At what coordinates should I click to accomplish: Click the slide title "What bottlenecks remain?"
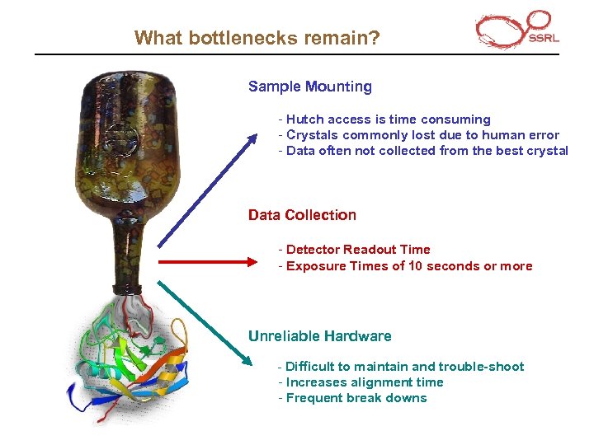coord(257,38)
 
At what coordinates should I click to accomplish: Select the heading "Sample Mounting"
coord(309,87)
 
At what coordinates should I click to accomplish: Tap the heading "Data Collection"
coord(302,215)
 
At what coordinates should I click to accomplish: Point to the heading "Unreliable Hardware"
coord(319,336)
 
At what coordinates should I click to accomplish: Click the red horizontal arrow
coord(208,262)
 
